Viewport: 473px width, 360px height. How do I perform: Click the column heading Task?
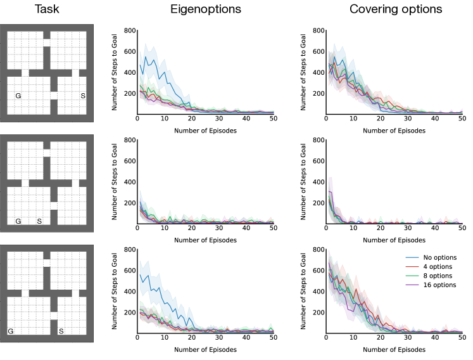point(47,10)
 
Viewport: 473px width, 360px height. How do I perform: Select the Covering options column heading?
point(392,10)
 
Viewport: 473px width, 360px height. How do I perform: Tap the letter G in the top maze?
point(18,96)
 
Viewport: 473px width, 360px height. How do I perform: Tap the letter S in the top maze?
point(82,96)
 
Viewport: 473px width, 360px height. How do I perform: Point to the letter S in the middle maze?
point(39,221)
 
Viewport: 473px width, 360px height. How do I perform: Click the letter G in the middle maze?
point(18,221)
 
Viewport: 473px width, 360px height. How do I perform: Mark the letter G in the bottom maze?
point(10,331)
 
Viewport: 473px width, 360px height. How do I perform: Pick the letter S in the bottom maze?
point(61,331)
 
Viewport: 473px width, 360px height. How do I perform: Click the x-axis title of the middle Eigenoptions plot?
point(206,240)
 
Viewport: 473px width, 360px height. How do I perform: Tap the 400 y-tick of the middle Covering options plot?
point(318,182)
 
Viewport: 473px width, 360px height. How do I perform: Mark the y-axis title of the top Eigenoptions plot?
point(117,72)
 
